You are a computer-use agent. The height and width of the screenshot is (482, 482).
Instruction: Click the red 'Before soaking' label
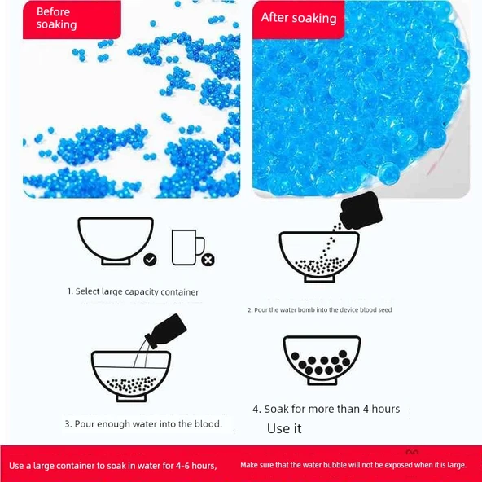(x=72, y=20)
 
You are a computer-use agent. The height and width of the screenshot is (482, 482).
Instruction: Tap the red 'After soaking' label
(x=298, y=20)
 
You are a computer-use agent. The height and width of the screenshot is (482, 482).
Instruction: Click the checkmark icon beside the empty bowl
(x=150, y=260)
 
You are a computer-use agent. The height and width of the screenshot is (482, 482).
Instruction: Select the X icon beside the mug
(x=208, y=260)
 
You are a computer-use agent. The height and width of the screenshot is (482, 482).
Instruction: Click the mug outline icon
(x=188, y=248)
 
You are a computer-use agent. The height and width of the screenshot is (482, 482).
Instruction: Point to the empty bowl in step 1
(x=116, y=241)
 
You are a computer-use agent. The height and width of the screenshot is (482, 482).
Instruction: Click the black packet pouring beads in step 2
(x=361, y=210)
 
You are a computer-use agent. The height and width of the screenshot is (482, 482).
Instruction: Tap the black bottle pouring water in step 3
(x=166, y=331)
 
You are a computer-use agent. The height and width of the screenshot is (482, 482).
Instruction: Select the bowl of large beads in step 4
(x=322, y=360)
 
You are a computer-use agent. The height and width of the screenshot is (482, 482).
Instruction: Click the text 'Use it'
(x=284, y=428)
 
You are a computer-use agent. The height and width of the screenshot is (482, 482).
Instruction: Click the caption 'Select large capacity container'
(x=133, y=291)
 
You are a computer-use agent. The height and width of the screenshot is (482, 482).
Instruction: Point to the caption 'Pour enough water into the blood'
(x=143, y=424)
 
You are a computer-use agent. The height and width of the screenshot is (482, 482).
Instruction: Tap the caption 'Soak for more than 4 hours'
(x=326, y=410)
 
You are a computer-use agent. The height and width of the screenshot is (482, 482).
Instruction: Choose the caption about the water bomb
(x=320, y=310)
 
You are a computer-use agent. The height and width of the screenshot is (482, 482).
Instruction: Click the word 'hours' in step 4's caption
(x=386, y=410)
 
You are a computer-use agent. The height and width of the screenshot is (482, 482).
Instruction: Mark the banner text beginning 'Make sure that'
(x=353, y=465)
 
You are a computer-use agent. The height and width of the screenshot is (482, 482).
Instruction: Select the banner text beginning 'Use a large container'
(x=113, y=466)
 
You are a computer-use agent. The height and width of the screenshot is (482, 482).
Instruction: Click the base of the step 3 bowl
(x=131, y=399)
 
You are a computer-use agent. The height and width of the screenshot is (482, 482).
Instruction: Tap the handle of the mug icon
(x=201, y=246)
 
